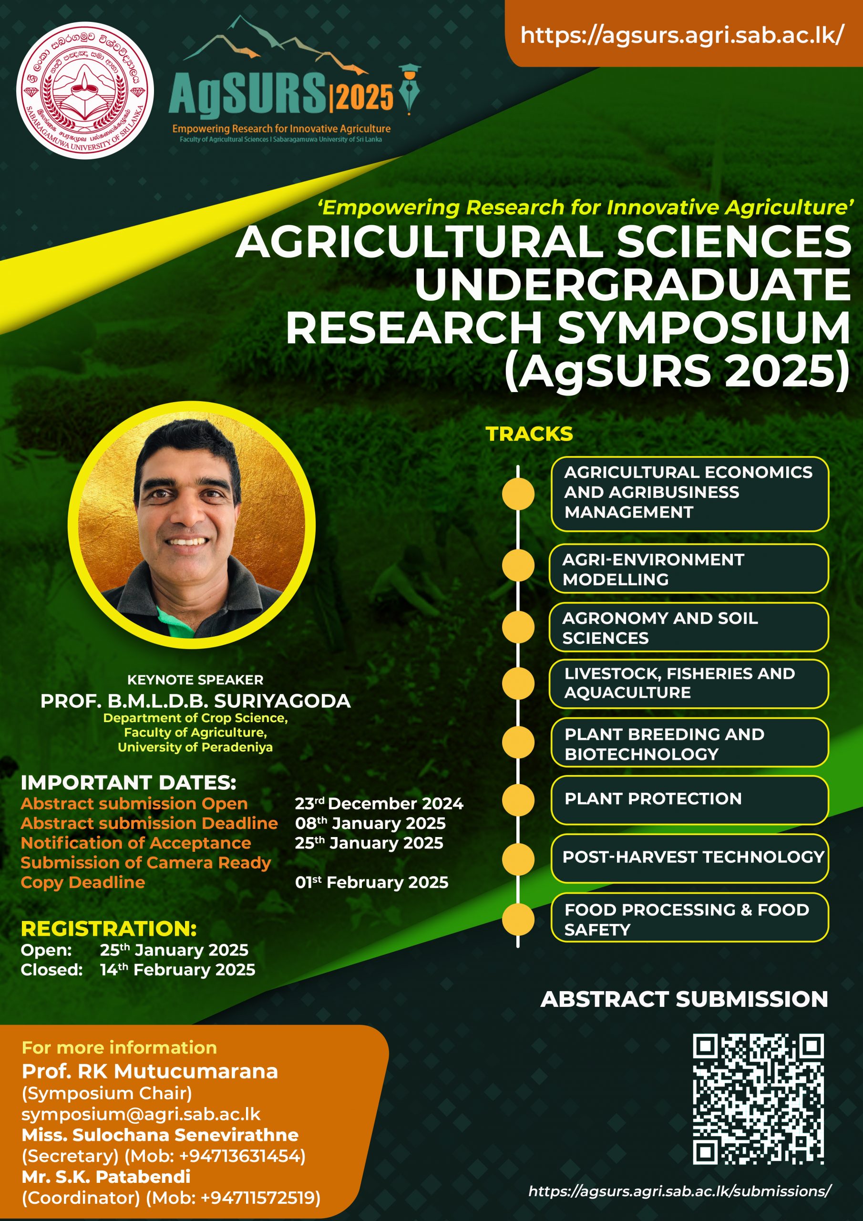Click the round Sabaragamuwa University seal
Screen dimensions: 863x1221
tap(85, 91)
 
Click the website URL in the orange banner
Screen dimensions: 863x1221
tap(682, 35)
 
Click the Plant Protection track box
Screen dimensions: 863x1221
tap(689, 800)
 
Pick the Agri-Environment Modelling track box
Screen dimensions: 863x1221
tap(688, 569)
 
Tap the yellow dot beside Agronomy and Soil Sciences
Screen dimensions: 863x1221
tap(518, 628)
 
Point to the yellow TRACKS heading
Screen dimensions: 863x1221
tap(530, 434)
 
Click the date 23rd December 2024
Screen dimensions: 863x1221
tap(379, 803)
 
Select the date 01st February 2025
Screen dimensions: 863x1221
tap(372, 882)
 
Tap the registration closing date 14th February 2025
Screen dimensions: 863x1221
tap(177, 970)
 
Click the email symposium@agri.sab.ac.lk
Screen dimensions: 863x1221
tap(141, 1114)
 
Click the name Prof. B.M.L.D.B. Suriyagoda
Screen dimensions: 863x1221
tap(195, 701)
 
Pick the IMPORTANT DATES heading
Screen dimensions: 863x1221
tap(129, 783)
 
